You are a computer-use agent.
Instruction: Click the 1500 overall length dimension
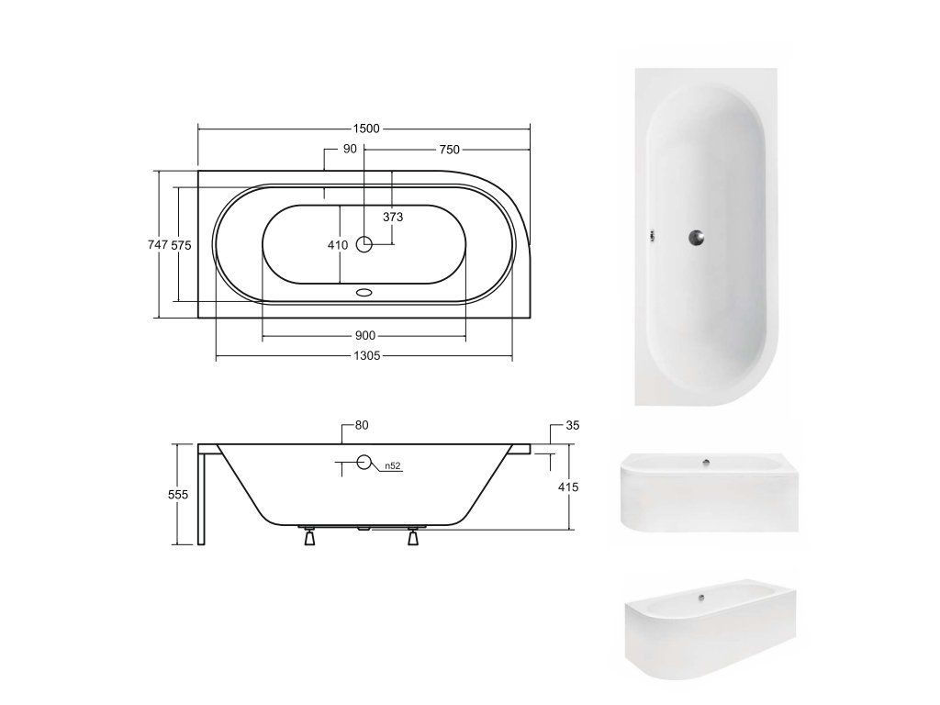(366, 129)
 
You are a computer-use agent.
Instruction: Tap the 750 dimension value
(450, 150)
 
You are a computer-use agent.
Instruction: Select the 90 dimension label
(350, 149)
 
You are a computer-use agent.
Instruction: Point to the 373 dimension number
(393, 217)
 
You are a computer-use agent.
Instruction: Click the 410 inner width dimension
(338, 244)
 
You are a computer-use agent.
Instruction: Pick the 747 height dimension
(158, 244)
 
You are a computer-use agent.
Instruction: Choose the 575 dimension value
(181, 244)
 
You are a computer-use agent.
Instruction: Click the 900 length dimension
(365, 335)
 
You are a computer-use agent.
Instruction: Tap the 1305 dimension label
(367, 355)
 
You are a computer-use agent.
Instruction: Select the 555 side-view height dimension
(178, 494)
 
